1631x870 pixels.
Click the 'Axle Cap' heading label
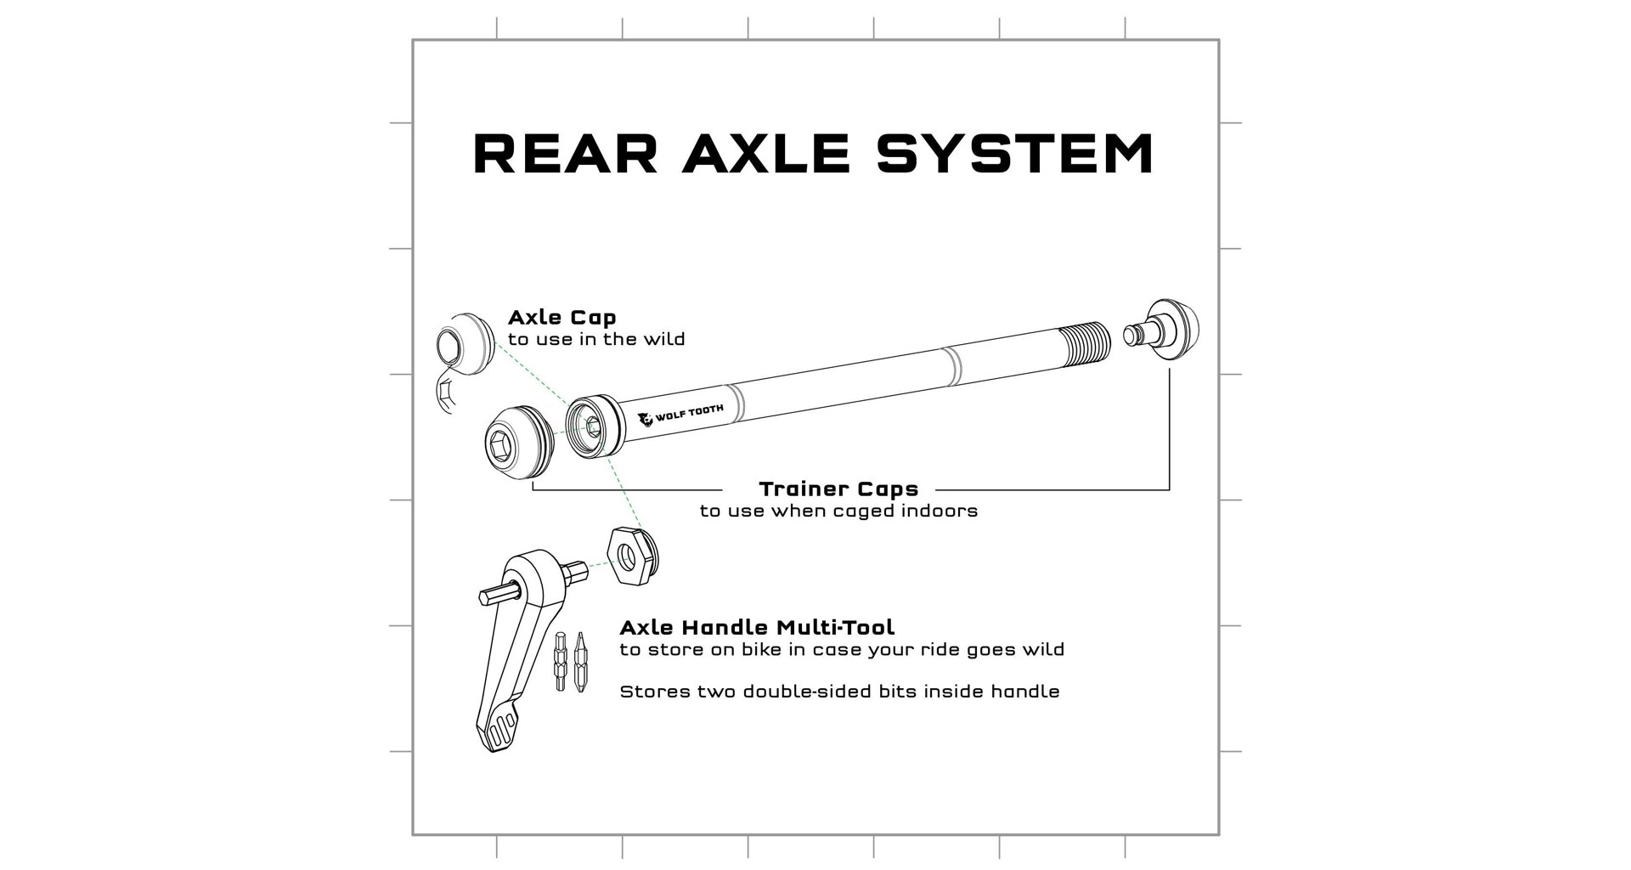point(562,318)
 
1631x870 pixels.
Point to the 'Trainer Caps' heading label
point(838,489)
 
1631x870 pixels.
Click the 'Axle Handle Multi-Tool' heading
point(757,628)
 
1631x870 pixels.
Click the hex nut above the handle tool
point(634,555)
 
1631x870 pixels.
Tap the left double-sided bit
point(561,661)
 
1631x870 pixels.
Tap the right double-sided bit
point(580,661)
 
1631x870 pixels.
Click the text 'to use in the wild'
point(596,340)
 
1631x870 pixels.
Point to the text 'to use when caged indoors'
point(838,511)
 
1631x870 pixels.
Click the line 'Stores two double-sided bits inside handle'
point(839,692)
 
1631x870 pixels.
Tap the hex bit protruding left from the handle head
point(494,596)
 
